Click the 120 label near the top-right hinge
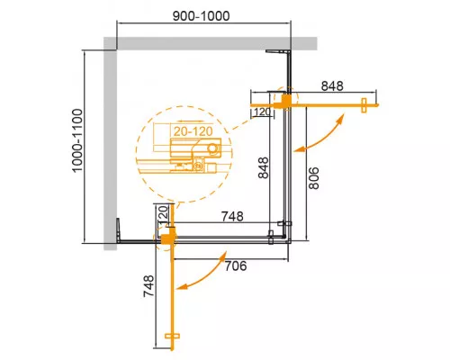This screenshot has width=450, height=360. click(x=263, y=112)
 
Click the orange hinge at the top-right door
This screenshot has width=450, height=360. click(x=287, y=101)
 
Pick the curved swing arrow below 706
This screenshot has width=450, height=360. click(x=203, y=276)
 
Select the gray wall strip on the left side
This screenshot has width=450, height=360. click(x=109, y=144)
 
